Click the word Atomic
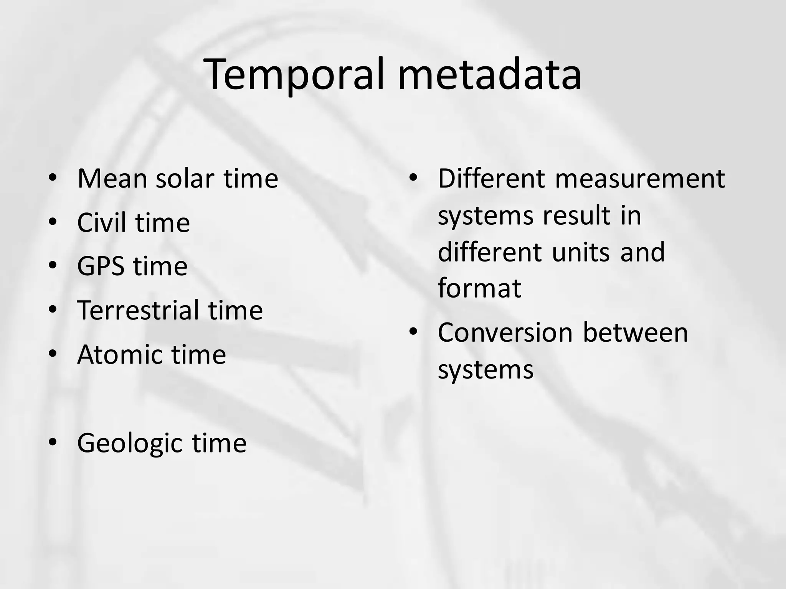point(120,354)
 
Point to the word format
point(479,288)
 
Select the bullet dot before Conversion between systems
point(413,332)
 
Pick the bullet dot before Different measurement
point(413,178)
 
